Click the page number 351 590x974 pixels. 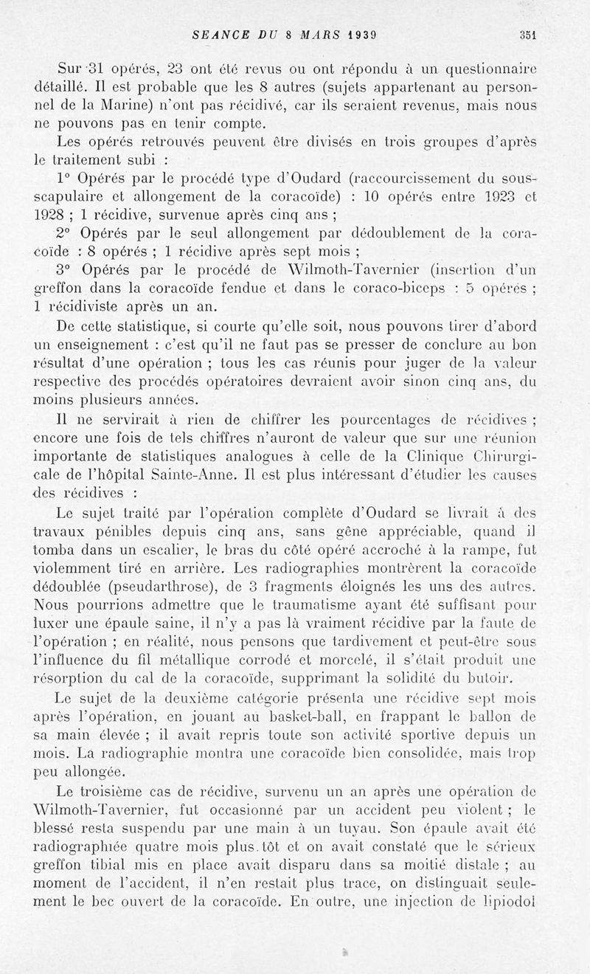527,32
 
